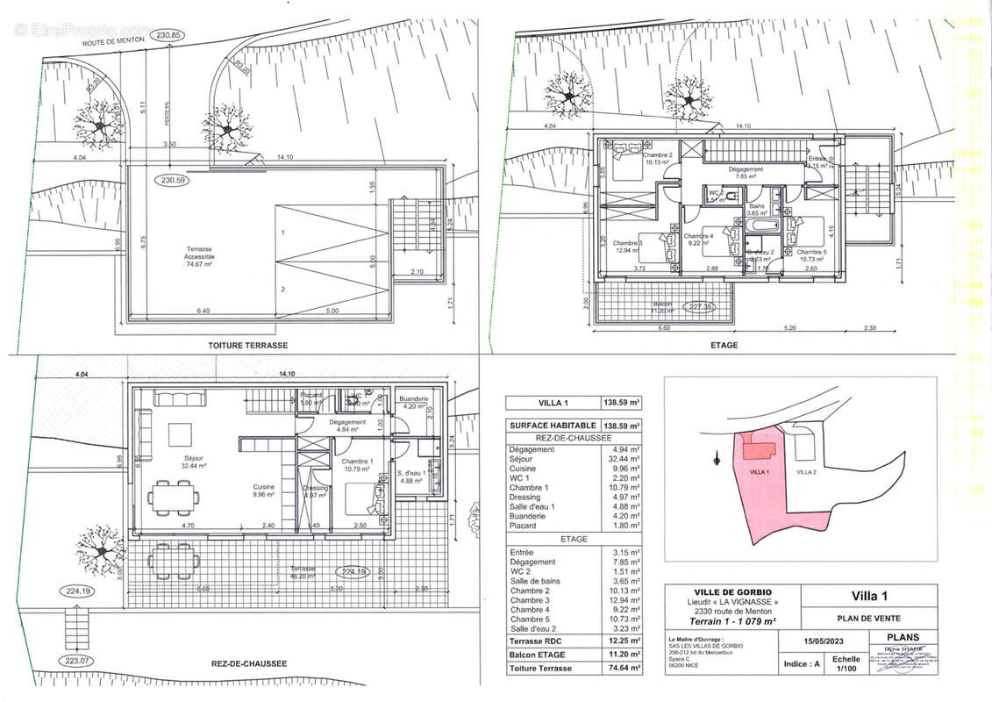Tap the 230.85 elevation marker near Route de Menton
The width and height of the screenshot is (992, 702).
coord(168,35)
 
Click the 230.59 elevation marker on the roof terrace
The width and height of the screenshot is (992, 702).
coord(173,181)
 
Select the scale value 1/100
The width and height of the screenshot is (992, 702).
coord(846,670)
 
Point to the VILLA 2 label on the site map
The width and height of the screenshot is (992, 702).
coord(806,472)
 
